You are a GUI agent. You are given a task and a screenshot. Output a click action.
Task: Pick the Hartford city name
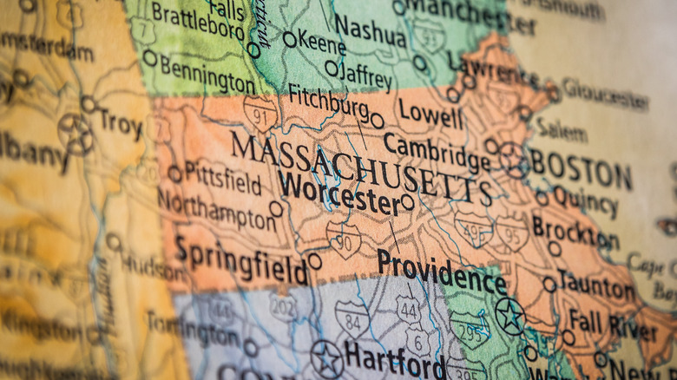pos(394,359)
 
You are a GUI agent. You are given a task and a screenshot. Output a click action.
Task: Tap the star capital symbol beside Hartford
pos(327,358)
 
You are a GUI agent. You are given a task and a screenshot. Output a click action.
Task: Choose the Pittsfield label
pos(222,178)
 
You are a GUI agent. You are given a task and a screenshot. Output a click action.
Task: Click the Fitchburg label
pos(328,103)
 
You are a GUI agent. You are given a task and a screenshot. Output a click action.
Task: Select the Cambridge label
pos(437,152)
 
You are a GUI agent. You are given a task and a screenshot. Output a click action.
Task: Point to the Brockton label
pos(574,231)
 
